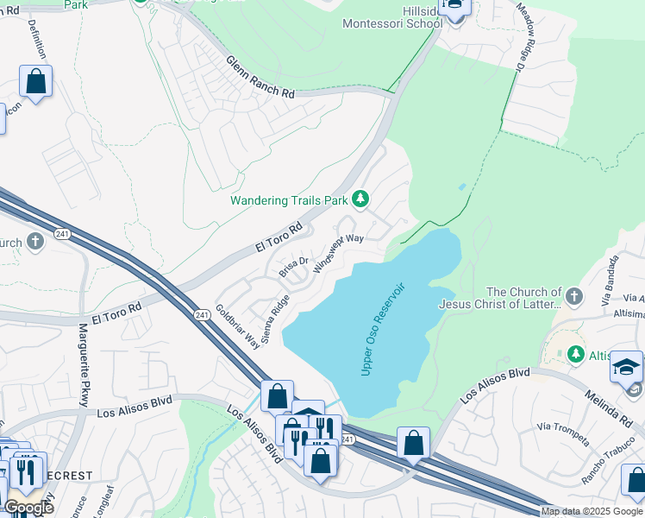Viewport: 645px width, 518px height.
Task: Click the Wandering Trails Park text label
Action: (288, 200)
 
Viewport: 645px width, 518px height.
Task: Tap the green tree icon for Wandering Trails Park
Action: (360, 200)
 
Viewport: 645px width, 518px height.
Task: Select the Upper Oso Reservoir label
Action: (384, 328)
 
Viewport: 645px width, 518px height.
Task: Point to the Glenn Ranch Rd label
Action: (260, 78)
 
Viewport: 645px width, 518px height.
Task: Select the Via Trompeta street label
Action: (561, 434)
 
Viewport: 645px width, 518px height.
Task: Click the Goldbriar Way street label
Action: (238, 325)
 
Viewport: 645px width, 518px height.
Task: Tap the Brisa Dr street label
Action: (293, 267)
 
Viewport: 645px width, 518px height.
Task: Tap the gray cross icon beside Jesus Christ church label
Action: (576, 298)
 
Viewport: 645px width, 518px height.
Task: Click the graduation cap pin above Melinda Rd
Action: (626, 367)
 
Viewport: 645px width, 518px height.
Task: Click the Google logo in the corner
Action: (28, 507)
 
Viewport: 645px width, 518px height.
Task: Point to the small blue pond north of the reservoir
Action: (462, 186)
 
